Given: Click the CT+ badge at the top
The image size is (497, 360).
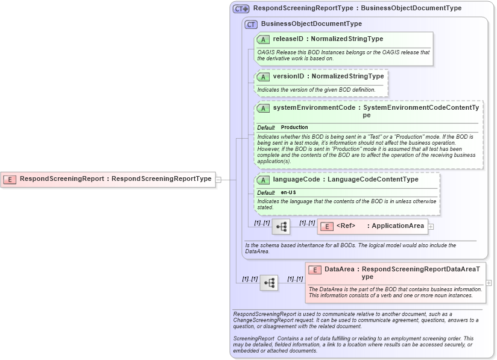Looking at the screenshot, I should [x=241, y=9].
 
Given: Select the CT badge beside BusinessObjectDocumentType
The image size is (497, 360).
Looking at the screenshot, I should [x=251, y=24].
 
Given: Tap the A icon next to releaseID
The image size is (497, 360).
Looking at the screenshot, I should [x=263, y=39].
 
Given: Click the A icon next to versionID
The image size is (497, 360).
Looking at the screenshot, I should [x=263, y=77].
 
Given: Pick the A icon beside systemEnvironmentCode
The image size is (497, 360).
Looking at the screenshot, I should [x=263, y=109].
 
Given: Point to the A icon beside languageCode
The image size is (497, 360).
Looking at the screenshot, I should [x=263, y=180].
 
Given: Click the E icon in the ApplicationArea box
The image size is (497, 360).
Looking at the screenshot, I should [x=326, y=227].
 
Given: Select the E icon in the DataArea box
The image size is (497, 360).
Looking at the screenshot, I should [x=315, y=270].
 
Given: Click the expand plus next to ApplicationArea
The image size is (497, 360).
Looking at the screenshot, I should [x=431, y=227].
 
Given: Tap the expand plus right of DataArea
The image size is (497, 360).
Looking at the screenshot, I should [x=489, y=282].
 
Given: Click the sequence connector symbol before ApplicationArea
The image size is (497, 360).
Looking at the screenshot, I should [x=281, y=227].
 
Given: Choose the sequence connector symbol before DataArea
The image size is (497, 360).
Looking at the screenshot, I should [x=269, y=282].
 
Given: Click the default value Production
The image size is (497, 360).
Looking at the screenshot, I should [x=294, y=128].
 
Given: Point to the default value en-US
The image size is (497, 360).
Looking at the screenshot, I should [x=288, y=192].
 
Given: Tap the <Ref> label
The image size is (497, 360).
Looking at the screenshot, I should [x=346, y=227].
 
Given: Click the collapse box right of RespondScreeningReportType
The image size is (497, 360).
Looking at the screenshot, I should [x=218, y=179].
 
